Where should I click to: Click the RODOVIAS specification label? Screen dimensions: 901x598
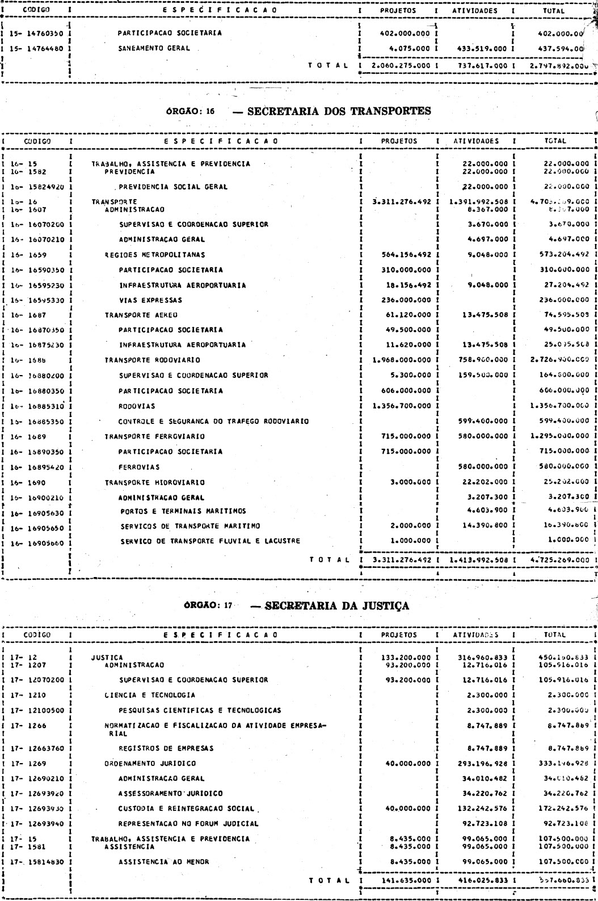tap(137, 406)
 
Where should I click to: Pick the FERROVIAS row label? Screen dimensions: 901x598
tap(139, 468)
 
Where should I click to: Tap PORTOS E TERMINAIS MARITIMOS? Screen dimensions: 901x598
tap(183, 511)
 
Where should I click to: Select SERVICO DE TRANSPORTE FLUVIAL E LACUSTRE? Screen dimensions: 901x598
tap(210, 541)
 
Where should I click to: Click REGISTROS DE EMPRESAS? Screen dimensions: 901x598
tap(166, 748)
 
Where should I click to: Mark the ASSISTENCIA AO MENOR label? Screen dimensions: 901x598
tap(164, 862)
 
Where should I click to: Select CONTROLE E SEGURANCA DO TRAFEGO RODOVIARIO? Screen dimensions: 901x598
tap(213, 422)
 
